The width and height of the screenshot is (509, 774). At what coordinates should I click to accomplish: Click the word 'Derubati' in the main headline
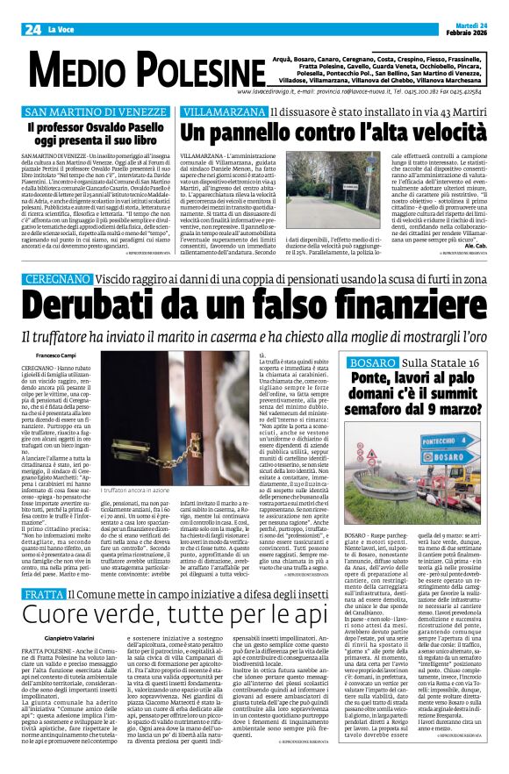(84, 281)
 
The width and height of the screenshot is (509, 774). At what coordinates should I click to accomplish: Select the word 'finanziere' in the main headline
(403, 281)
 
